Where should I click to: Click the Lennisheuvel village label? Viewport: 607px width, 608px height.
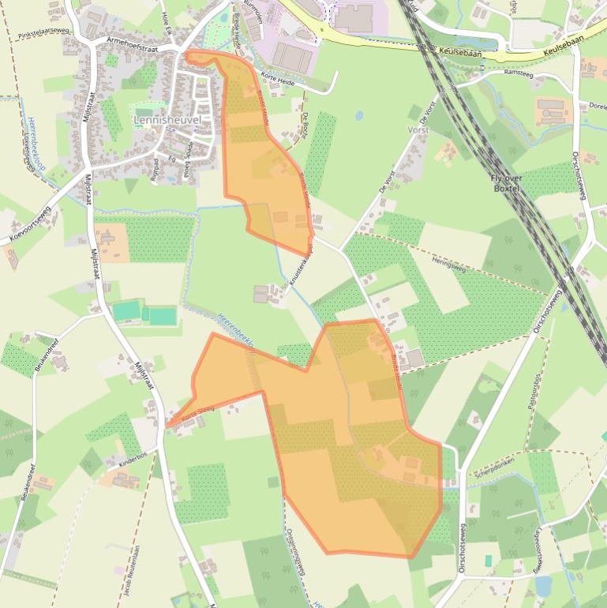pyautogui.click(x=168, y=120)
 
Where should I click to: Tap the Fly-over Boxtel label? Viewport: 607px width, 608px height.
pyautogui.click(x=506, y=184)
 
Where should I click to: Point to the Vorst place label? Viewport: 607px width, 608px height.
pyautogui.click(x=418, y=128)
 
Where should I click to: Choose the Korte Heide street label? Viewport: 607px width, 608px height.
pyautogui.click(x=276, y=79)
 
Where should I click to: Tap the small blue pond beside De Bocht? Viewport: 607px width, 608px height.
pyautogui.click(x=360, y=115)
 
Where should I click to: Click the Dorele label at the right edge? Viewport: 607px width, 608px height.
pyautogui.click(x=595, y=105)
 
